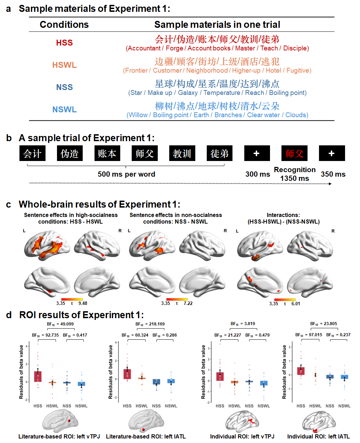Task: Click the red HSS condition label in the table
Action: click(64, 43)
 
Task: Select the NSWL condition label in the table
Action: click(64, 110)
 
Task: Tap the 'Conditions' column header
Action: click(64, 25)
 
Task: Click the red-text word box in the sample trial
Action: click(294, 153)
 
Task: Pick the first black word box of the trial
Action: click(32, 153)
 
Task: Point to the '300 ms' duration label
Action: click(257, 174)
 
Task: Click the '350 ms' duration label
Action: click(333, 174)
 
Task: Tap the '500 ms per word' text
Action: click(126, 174)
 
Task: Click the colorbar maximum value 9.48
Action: click(83, 303)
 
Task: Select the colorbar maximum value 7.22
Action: click(188, 303)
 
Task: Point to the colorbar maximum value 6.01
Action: click(296, 304)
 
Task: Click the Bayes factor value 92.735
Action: click(52, 335)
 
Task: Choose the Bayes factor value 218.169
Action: click(157, 324)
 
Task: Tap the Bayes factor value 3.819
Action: click(249, 324)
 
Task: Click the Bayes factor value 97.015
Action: click(316, 335)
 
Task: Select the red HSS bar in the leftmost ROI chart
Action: click(38, 377)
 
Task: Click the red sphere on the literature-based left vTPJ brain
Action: click(69, 420)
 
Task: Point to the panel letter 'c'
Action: click(9, 204)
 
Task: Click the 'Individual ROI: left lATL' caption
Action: click(318, 436)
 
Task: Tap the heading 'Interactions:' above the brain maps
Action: click(283, 215)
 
